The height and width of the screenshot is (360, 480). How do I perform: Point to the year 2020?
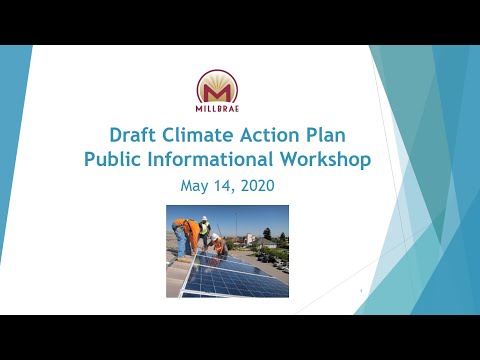256,185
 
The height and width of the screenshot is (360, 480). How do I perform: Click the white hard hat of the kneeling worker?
215,237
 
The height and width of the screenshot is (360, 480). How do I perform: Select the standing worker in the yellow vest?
203,231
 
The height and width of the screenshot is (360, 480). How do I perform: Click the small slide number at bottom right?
358,291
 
